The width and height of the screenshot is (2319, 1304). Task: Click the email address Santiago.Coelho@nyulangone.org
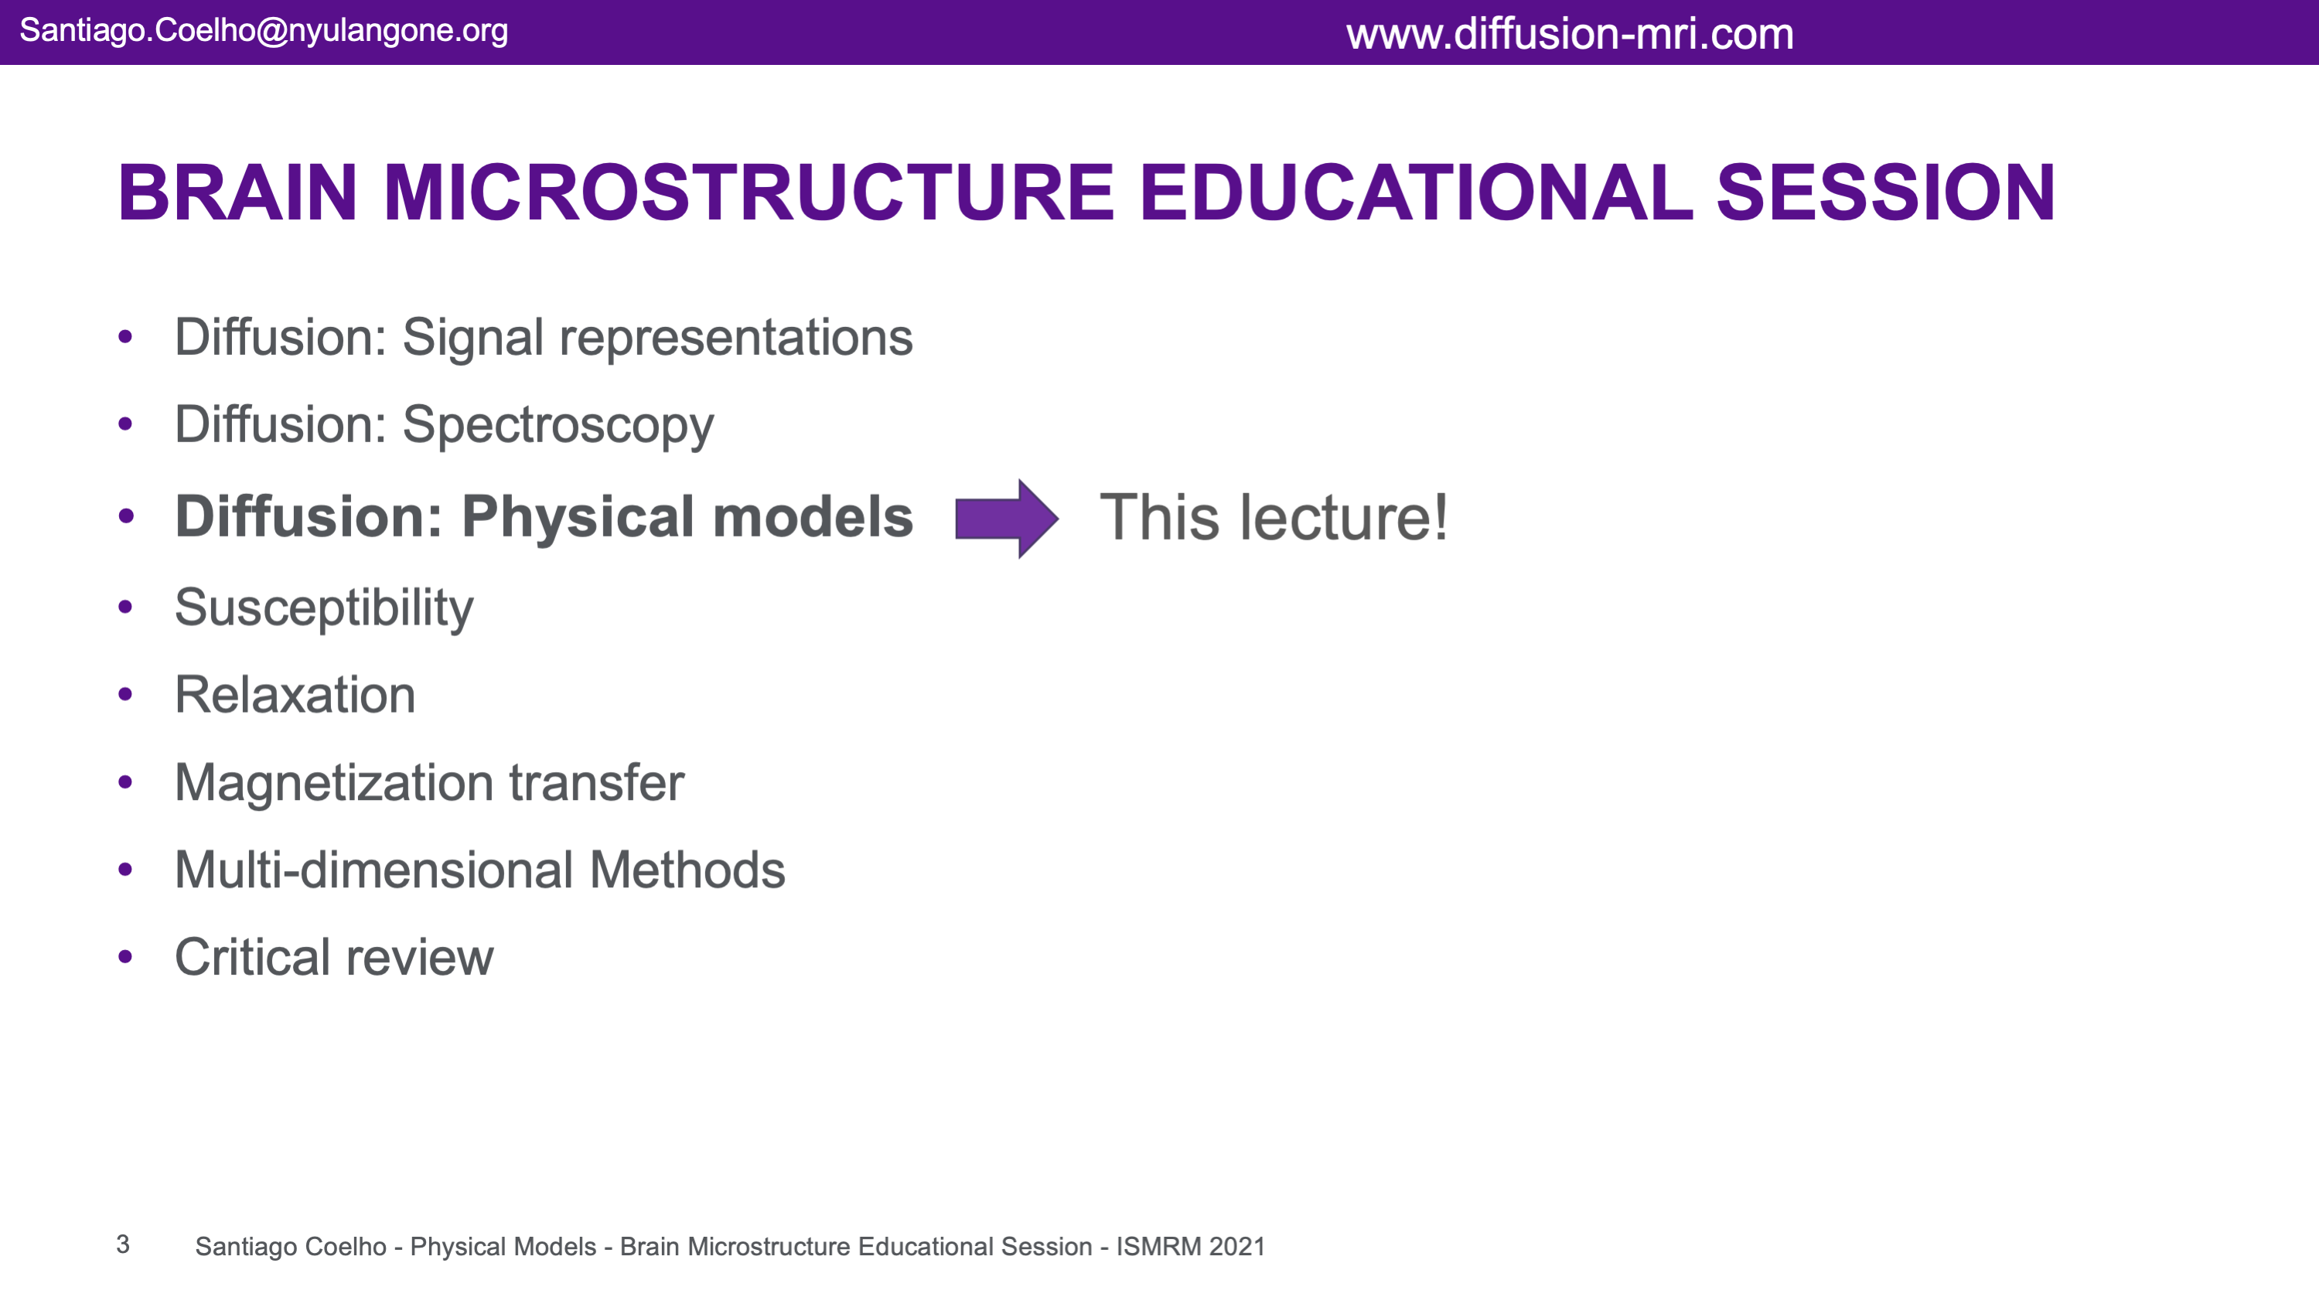264,31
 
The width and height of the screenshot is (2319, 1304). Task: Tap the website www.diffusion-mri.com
1570,34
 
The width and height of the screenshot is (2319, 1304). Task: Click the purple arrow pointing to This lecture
1007,519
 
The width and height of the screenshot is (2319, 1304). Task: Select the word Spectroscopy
558,426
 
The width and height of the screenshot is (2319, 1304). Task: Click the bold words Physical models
687,516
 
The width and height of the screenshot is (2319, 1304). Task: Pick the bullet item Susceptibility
324,608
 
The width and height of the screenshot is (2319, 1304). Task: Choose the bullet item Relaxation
295,695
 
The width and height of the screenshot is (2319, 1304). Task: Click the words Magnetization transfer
429,783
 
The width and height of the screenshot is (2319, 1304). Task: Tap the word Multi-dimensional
373,870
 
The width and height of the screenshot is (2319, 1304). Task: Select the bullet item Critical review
334,957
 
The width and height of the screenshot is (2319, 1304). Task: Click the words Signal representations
657,339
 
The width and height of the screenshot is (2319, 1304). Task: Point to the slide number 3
123,1244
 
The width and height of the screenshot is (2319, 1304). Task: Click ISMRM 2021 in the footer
1190,1246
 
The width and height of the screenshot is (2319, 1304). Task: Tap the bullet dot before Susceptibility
125,607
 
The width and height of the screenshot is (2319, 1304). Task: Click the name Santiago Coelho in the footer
291,1246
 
